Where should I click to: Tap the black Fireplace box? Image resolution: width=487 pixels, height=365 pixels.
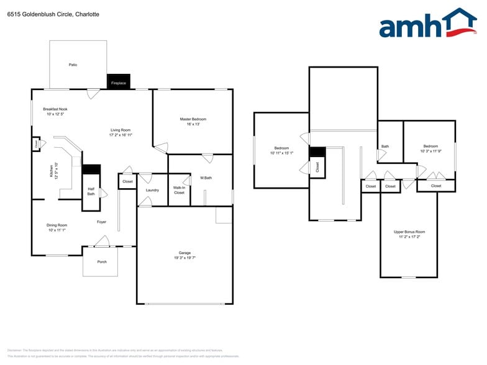(118, 82)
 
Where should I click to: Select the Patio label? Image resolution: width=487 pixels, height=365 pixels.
(73, 65)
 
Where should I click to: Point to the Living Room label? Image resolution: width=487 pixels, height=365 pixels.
(121, 132)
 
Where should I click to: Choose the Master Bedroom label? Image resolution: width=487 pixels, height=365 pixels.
(193, 122)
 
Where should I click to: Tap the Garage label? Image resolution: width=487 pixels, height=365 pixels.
(184, 255)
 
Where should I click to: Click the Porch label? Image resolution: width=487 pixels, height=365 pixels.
(102, 261)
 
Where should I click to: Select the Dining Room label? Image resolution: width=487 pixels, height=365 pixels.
(57, 228)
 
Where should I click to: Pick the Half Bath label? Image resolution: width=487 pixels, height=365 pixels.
(91, 192)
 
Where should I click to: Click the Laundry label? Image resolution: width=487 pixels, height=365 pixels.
(152, 190)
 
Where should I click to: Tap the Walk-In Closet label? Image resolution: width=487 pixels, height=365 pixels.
(179, 190)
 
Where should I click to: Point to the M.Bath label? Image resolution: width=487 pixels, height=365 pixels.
(206, 178)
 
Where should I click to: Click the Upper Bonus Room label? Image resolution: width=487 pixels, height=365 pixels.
(409, 234)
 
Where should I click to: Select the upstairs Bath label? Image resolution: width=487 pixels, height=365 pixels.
(385, 146)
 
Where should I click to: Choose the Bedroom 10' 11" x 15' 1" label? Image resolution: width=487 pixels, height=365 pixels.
(281, 151)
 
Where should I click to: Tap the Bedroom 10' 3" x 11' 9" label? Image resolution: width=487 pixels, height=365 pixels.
(430, 149)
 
